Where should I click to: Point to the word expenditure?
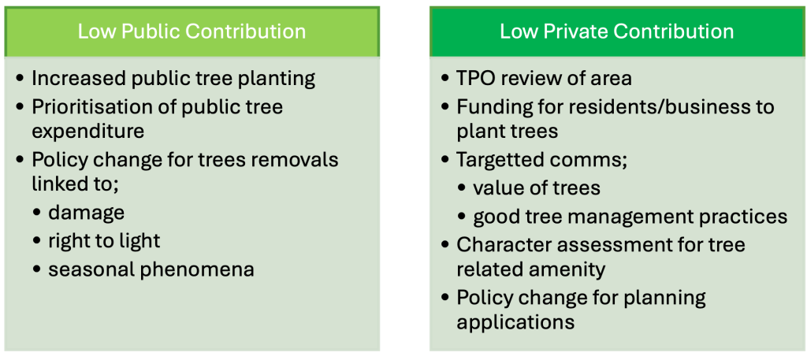[x=88, y=132]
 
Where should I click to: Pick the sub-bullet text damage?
[x=87, y=213]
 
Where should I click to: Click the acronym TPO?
[x=474, y=79]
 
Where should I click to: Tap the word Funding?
[x=488, y=107]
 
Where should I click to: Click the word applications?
[x=515, y=323]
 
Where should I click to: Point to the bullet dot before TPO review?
[x=445, y=80]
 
